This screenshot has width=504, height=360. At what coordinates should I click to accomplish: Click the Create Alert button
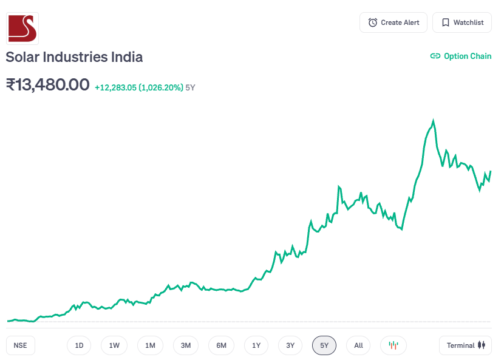click(x=393, y=22)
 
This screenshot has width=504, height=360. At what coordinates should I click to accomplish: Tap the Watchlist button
click(x=462, y=22)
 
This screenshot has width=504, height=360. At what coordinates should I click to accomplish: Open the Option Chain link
click(x=461, y=56)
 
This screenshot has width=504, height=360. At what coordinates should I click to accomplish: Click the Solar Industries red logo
click(x=22, y=28)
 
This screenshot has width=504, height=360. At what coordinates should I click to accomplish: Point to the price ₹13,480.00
click(x=47, y=85)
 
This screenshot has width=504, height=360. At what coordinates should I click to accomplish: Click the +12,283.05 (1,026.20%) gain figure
click(x=138, y=87)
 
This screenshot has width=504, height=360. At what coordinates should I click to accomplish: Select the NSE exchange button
click(x=21, y=345)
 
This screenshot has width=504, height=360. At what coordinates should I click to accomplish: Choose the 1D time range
click(x=79, y=345)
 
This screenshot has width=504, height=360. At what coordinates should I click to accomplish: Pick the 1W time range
click(x=114, y=345)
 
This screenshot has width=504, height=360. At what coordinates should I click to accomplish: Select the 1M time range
click(x=150, y=345)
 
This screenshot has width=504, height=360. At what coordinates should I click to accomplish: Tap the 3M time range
click(x=186, y=345)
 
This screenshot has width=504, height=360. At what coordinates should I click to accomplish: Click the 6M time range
click(x=221, y=345)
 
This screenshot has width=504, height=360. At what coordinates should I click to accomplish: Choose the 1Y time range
click(x=256, y=345)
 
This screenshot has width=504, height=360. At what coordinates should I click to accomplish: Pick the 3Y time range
click(x=290, y=345)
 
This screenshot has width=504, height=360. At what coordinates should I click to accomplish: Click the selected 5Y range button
click(x=324, y=345)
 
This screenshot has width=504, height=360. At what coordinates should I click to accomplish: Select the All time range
click(x=358, y=345)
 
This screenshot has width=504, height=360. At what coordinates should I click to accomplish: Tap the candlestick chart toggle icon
click(x=393, y=345)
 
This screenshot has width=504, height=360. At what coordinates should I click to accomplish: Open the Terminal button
click(x=466, y=345)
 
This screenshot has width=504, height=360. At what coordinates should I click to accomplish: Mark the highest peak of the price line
click(x=433, y=120)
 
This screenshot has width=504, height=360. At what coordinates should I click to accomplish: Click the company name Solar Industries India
click(x=74, y=57)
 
